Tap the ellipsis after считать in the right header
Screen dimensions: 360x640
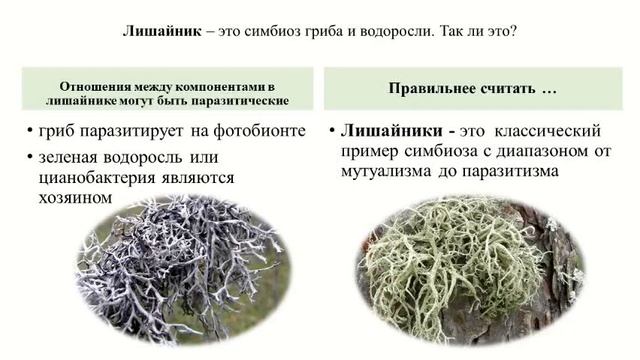click(548, 90)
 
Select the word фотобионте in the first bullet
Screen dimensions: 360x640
click(258, 132)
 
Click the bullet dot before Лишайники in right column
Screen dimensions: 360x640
click(330, 132)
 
